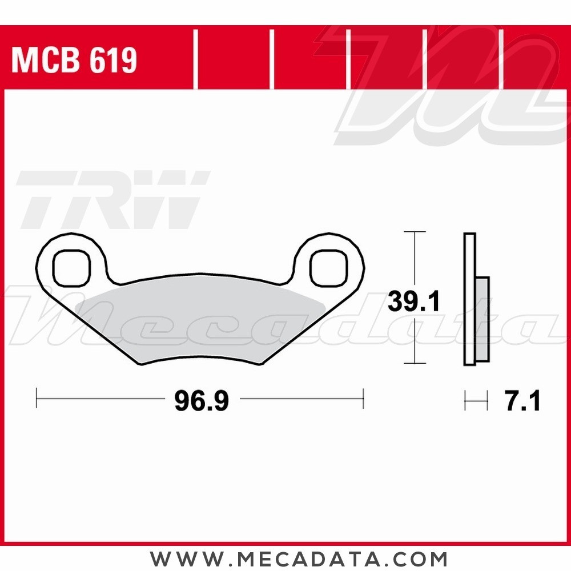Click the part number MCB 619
[74, 60]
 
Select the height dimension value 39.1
[413, 301]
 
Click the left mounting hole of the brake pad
[71, 267]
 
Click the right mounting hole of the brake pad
[329, 267]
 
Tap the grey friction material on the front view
[200, 320]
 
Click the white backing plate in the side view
[469, 300]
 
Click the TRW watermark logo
[111, 200]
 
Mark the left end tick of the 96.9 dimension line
[37, 398]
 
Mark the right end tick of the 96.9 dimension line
[363, 398]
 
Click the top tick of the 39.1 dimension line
[414, 232]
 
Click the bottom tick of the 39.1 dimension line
[414, 364]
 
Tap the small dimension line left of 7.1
[476, 401]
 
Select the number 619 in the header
[112, 60]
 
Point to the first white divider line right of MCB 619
[196, 60]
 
